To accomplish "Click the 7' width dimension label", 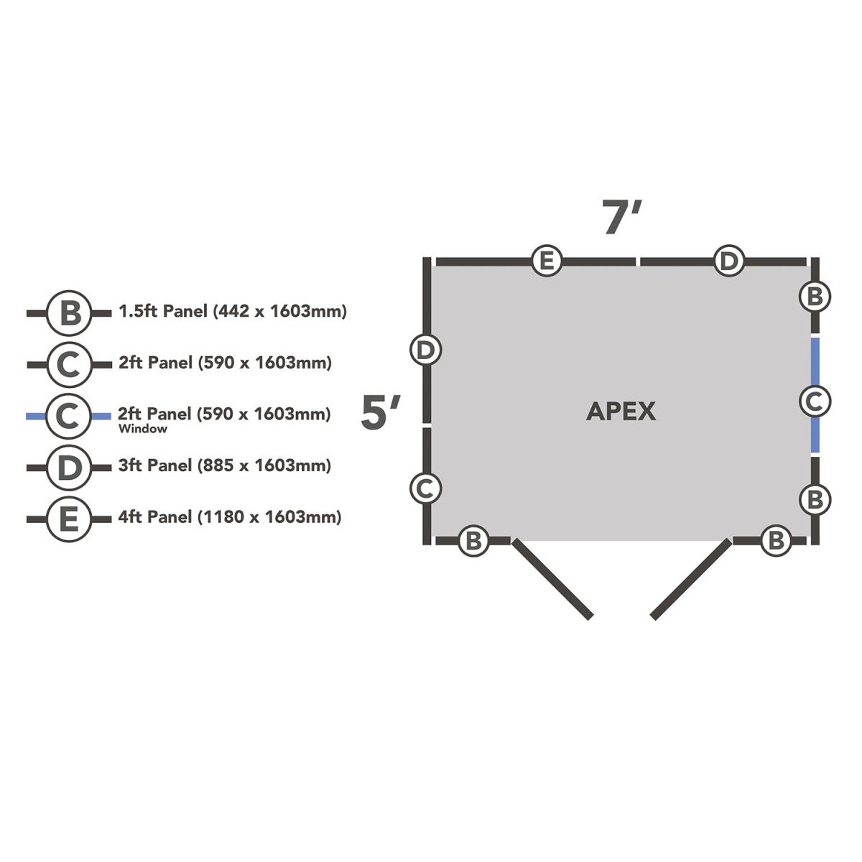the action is pos(621,217).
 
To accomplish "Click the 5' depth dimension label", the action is pos(381,412).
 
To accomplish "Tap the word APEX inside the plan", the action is pos(621,412).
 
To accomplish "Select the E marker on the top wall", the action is pos(547,261).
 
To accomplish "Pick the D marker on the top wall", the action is pos(729,261).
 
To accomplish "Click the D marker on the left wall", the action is pos(426,350).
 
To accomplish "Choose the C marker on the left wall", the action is pos(426,488).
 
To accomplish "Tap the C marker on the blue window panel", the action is pos(815,401).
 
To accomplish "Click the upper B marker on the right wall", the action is pos(815,296).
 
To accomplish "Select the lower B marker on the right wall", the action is pos(815,499).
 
